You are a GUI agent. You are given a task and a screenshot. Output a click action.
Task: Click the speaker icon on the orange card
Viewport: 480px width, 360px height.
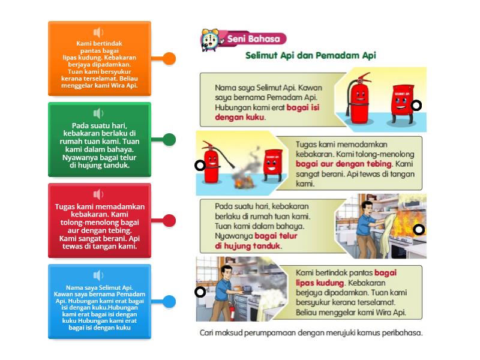98,32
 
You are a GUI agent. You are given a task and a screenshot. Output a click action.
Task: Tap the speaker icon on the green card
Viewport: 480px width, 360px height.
98,113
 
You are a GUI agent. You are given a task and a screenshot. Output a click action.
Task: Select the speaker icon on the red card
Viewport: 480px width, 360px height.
98,194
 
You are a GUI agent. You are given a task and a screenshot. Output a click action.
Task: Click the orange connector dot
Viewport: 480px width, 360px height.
170,59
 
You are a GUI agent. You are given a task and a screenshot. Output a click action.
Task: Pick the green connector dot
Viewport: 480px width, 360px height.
170,140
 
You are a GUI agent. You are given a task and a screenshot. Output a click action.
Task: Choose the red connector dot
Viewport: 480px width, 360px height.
170,221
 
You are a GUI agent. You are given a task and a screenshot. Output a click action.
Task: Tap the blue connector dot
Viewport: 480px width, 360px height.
170,302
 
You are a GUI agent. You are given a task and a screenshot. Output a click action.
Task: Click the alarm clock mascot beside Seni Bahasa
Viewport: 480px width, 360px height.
210,40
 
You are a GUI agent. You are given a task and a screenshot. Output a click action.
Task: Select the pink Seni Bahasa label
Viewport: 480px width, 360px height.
254,39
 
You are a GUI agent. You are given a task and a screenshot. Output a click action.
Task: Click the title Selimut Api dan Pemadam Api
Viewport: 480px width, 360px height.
310,55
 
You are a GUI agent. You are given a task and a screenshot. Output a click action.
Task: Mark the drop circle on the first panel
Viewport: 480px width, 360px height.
416,106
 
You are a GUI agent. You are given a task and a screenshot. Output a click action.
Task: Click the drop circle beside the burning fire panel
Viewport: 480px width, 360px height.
200,166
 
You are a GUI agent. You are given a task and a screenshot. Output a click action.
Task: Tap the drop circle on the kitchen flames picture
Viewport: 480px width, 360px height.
419,229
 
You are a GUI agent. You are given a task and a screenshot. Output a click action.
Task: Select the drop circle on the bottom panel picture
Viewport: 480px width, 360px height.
200,292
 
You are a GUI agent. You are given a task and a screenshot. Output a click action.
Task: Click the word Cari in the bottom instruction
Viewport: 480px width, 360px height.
208,333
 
